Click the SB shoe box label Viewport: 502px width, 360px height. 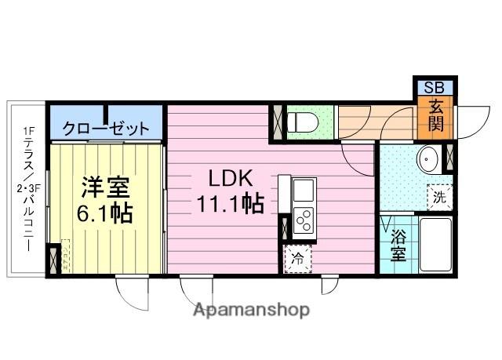(434, 87)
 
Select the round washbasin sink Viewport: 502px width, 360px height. (427, 158)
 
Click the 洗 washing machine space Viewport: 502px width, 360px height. (439, 197)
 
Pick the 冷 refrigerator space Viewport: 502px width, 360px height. (298, 259)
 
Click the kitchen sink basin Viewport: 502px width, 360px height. (304, 190)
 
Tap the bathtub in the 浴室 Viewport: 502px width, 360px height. (435, 245)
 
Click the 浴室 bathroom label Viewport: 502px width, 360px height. (398, 245)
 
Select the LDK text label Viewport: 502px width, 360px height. (231, 178)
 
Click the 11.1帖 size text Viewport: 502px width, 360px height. (230, 203)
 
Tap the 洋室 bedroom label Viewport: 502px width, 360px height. (105, 187)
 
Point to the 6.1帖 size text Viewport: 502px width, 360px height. (104, 213)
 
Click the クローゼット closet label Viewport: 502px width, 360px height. (106, 129)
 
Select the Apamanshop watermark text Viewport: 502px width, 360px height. (251, 310)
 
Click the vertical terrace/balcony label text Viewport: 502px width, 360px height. (28, 189)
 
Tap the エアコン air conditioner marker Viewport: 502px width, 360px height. (65, 255)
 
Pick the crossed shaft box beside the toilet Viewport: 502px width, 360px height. (277, 122)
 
